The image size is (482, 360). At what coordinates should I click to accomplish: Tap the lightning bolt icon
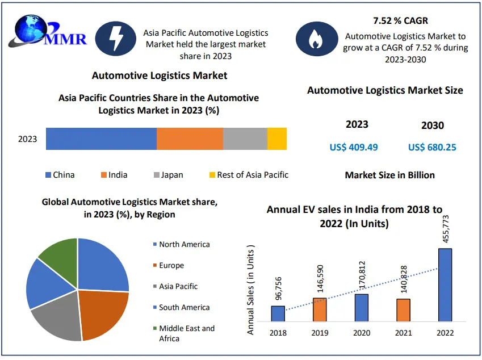(116, 38)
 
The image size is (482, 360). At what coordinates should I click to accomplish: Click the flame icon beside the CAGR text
(314, 38)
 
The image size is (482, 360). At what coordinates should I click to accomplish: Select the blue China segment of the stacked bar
(101, 139)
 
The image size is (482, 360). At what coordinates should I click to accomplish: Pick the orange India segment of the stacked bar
(190, 139)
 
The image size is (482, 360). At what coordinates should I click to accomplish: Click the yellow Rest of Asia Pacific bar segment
(277, 139)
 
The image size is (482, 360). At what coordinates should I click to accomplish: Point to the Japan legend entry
(168, 175)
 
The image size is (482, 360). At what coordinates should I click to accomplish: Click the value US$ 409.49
(354, 148)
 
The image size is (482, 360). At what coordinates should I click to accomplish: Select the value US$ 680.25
(432, 148)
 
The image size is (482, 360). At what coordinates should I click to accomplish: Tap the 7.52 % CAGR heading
(401, 21)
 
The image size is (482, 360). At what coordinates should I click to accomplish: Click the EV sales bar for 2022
(445, 284)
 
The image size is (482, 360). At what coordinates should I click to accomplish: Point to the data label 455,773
(446, 225)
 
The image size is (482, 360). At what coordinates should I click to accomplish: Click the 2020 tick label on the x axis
(362, 333)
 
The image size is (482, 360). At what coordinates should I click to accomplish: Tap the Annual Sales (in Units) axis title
(251, 289)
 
